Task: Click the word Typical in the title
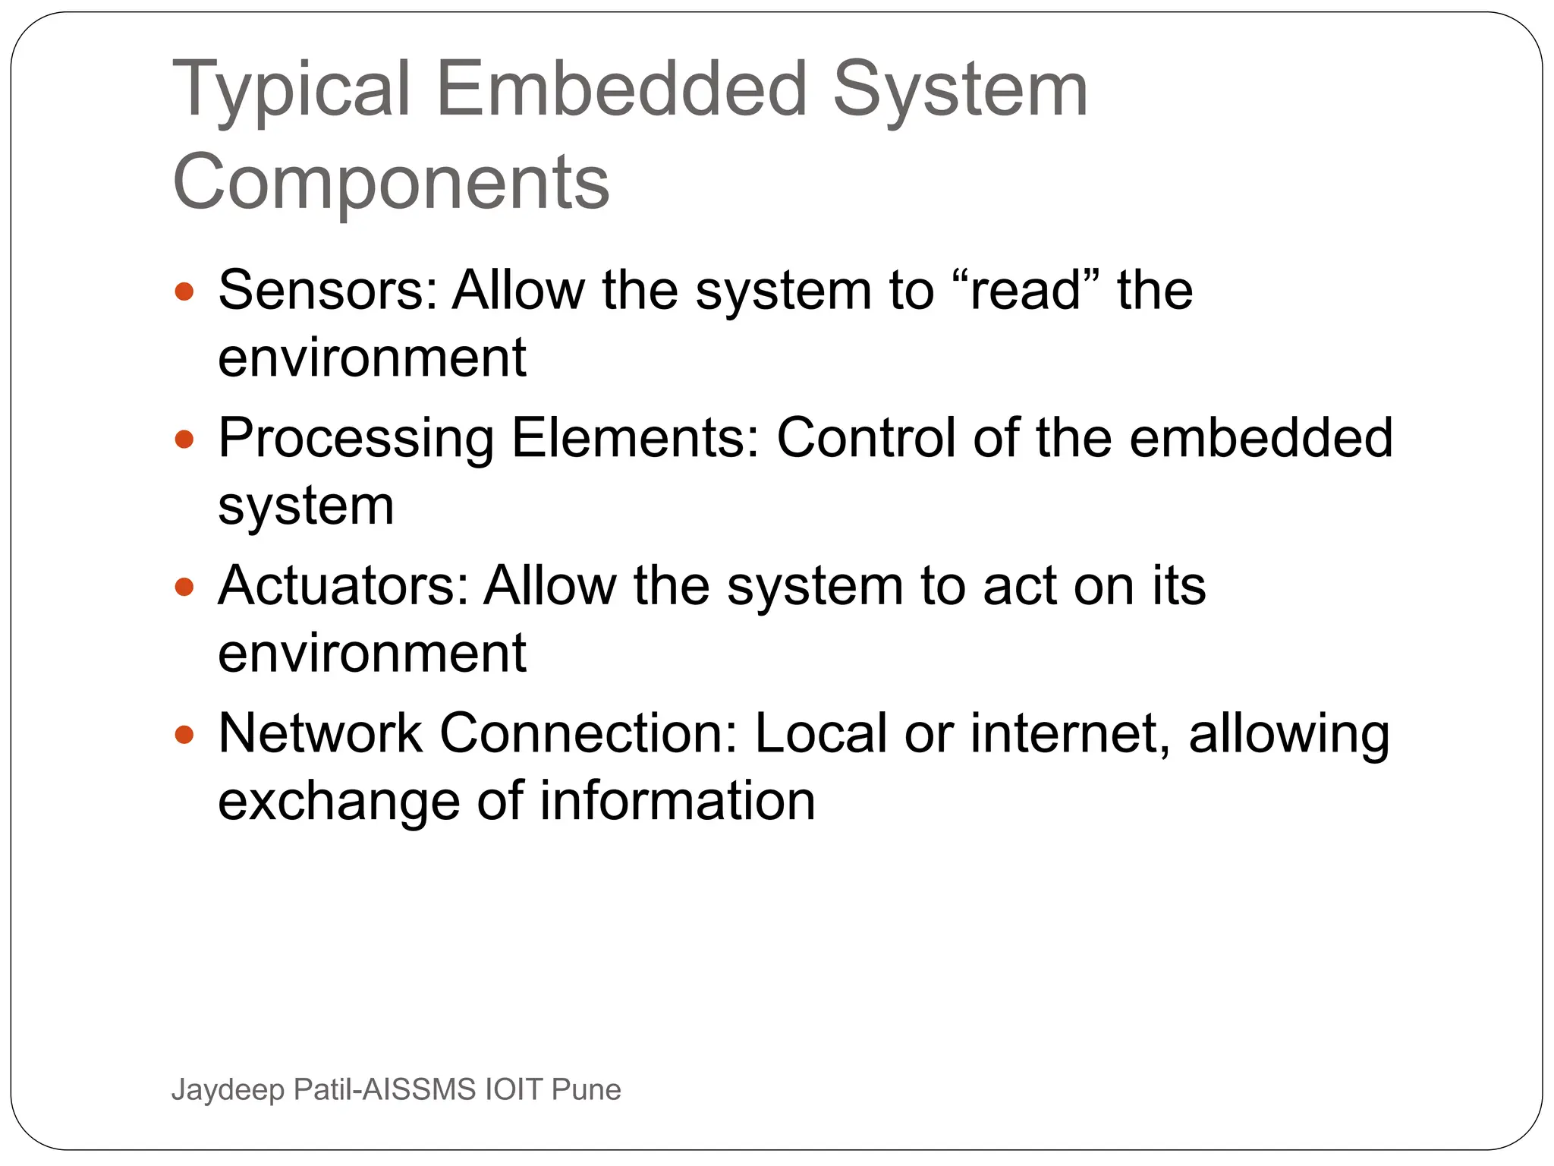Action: [x=291, y=91]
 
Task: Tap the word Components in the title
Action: [x=391, y=182]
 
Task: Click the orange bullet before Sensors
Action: [x=184, y=291]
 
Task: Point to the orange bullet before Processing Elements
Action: [x=184, y=439]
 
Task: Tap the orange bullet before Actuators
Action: [x=184, y=587]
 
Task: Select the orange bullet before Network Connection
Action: [x=184, y=734]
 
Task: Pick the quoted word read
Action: [x=1025, y=291]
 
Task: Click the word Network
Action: [x=319, y=733]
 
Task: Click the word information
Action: [x=678, y=802]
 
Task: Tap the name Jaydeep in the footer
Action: [x=228, y=1090]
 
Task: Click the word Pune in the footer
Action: [x=586, y=1089]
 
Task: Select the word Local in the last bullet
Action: [x=820, y=733]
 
